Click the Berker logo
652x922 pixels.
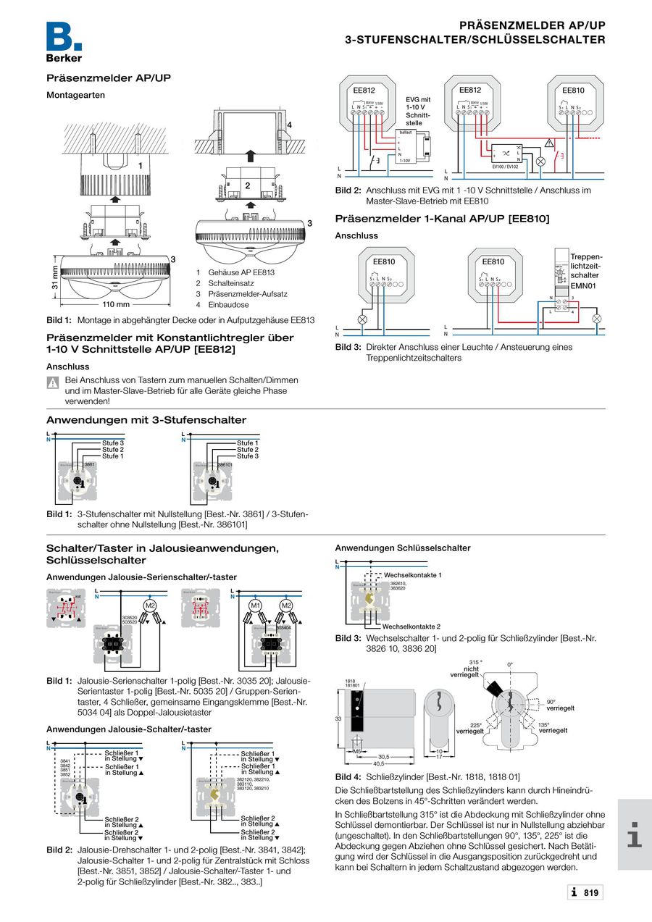[x=64, y=42]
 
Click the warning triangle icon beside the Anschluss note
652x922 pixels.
[x=53, y=382]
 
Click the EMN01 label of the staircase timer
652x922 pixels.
[x=582, y=287]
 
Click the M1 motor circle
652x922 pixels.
[x=255, y=605]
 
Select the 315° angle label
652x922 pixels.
[x=475, y=662]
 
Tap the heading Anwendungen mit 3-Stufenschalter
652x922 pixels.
[x=146, y=420]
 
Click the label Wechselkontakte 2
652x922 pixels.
[x=411, y=626]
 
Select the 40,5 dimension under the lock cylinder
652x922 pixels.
[x=378, y=763]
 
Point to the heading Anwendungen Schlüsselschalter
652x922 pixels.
[x=402, y=548]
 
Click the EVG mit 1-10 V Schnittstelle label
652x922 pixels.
[x=418, y=112]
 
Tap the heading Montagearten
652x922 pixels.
[x=75, y=95]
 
